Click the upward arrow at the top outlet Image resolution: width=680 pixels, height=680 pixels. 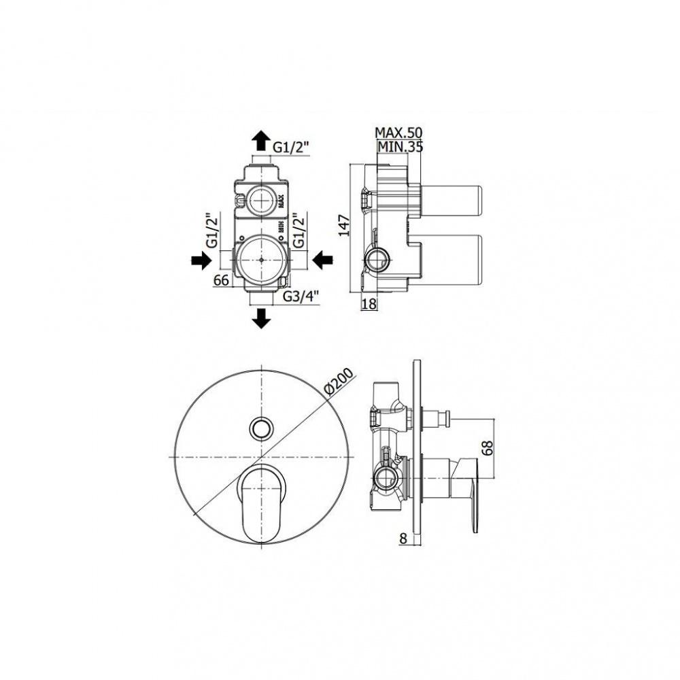coord(260,141)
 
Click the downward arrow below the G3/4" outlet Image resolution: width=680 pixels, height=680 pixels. coord(261,318)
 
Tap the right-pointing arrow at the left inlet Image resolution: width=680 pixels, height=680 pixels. coord(202,260)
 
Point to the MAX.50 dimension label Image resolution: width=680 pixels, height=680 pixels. coord(398,133)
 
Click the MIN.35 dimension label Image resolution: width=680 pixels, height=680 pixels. coord(401,147)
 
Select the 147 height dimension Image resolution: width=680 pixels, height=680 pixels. coord(344,225)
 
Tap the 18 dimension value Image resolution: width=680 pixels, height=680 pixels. coord(369,304)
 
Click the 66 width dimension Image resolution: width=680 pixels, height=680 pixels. coord(221,281)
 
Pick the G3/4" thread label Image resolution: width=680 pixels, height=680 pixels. coord(301,296)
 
